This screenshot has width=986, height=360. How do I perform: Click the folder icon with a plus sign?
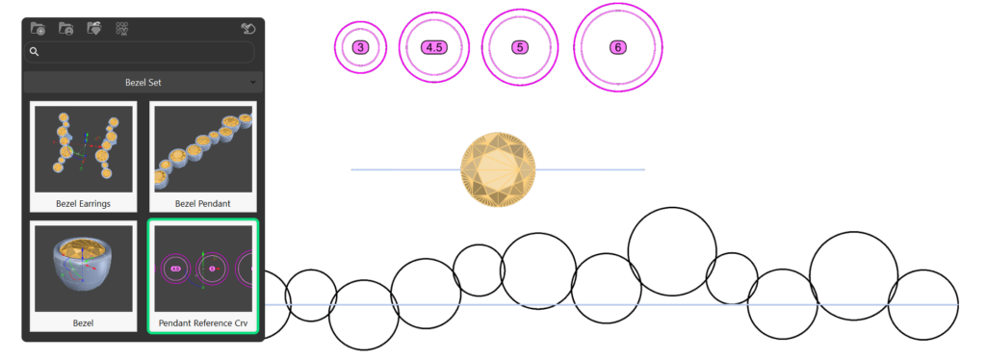click(38, 28)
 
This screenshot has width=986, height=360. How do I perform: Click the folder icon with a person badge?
click(66, 28)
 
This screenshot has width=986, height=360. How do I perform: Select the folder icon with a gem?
click(94, 28)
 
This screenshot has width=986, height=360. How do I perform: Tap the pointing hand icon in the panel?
click(248, 28)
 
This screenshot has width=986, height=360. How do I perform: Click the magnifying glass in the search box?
click(35, 52)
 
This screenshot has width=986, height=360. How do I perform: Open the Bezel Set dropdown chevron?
click(253, 83)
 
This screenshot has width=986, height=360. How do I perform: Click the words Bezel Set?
click(143, 83)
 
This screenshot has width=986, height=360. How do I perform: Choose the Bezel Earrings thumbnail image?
click(84, 149)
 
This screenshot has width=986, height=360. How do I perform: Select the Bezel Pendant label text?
click(202, 203)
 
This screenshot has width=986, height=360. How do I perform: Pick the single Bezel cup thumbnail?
click(84, 269)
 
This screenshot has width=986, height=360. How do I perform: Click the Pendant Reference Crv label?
click(203, 323)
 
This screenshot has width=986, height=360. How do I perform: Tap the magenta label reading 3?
click(360, 47)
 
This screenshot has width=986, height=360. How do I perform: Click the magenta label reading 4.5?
click(434, 47)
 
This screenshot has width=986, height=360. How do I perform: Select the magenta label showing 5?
click(519, 47)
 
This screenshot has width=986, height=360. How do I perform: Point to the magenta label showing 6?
click(618, 47)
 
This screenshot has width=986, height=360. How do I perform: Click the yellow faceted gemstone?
click(498, 169)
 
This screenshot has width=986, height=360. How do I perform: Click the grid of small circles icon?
click(122, 28)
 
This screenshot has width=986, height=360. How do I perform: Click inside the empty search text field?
click(144, 52)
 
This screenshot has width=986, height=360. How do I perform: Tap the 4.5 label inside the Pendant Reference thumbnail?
click(175, 269)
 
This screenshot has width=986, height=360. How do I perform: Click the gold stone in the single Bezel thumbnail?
click(83, 247)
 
